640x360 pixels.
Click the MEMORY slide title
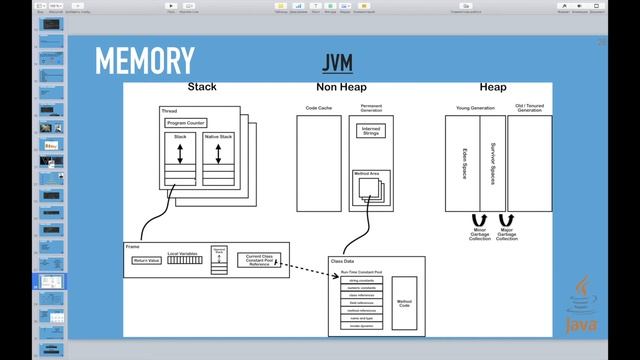pos(145,61)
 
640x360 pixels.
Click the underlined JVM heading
pos(340,61)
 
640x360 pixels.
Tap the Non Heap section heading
pos(340,88)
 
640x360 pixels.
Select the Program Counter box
pos(186,122)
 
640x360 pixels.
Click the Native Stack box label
pos(217,136)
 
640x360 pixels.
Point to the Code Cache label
pos(318,107)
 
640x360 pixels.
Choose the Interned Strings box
pos(372,130)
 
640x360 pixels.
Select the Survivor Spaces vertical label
pos(493,163)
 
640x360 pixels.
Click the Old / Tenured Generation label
pos(529,108)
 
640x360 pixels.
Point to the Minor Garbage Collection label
pos(478,236)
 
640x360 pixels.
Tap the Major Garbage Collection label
pos(507,236)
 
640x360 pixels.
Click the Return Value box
pos(146,260)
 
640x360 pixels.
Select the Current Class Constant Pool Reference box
pos(259,260)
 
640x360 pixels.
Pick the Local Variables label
pos(182,253)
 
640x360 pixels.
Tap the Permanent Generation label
pos(371,108)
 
